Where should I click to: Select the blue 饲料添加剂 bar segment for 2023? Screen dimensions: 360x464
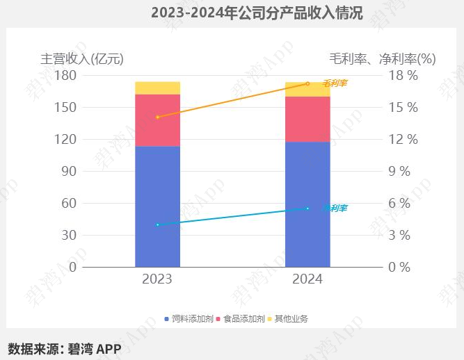[x=157, y=206]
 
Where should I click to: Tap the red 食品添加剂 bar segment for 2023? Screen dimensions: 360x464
[x=157, y=120]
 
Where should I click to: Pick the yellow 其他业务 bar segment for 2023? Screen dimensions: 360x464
[x=157, y=88]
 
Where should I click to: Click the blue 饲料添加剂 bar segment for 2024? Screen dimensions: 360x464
[x=307, y=204]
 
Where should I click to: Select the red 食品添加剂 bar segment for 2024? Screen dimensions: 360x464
[x=307, y=119]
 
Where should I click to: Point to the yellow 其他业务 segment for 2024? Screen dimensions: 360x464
[x=307, y=90]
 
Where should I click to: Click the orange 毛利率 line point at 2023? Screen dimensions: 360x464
[x=157, y=117]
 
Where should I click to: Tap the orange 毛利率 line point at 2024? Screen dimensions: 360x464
[x=307, y=83]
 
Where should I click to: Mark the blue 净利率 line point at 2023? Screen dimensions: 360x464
[x=157, y=224]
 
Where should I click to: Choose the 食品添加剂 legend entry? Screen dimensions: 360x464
[x=241, y=318]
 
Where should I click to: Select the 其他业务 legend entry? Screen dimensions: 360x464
[x=287, y=318]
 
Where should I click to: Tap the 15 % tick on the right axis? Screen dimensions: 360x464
[x=403, y=107]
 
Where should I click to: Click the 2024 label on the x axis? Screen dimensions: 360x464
[x=307, y=279]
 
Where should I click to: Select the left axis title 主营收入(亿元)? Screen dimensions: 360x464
[x=82, y=58]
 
